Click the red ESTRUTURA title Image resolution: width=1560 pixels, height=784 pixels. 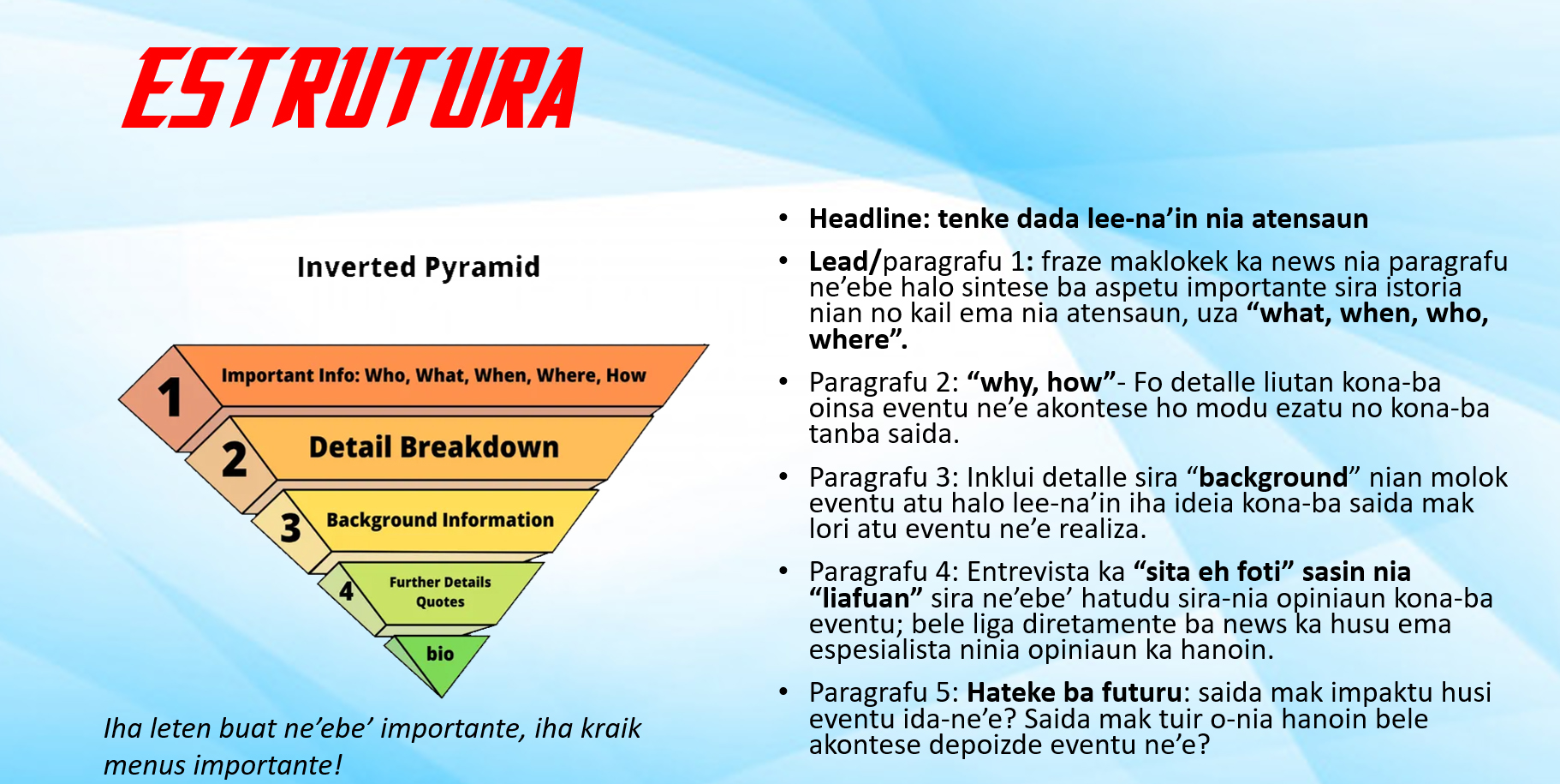click(352, 87)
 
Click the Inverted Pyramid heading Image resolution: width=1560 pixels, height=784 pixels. click(419, 267)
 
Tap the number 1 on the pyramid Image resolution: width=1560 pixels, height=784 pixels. click(170, 398)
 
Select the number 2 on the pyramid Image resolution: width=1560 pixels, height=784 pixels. click(234, 459)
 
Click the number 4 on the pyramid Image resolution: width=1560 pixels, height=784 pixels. click(346, 591)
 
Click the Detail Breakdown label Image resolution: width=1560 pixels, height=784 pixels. click(434, 447)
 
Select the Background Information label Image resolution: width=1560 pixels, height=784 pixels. click(440, 520)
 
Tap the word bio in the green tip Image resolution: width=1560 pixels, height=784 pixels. click(440, 654)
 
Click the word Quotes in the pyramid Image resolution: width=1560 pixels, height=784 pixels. click(440, 601)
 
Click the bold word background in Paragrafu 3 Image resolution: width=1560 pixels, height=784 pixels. click(1273, 477)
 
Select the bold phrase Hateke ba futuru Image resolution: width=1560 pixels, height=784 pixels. click(1075, 692)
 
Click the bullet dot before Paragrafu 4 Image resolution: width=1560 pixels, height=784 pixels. click(783, 570)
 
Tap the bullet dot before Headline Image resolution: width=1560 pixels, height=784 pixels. click(783, 218)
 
